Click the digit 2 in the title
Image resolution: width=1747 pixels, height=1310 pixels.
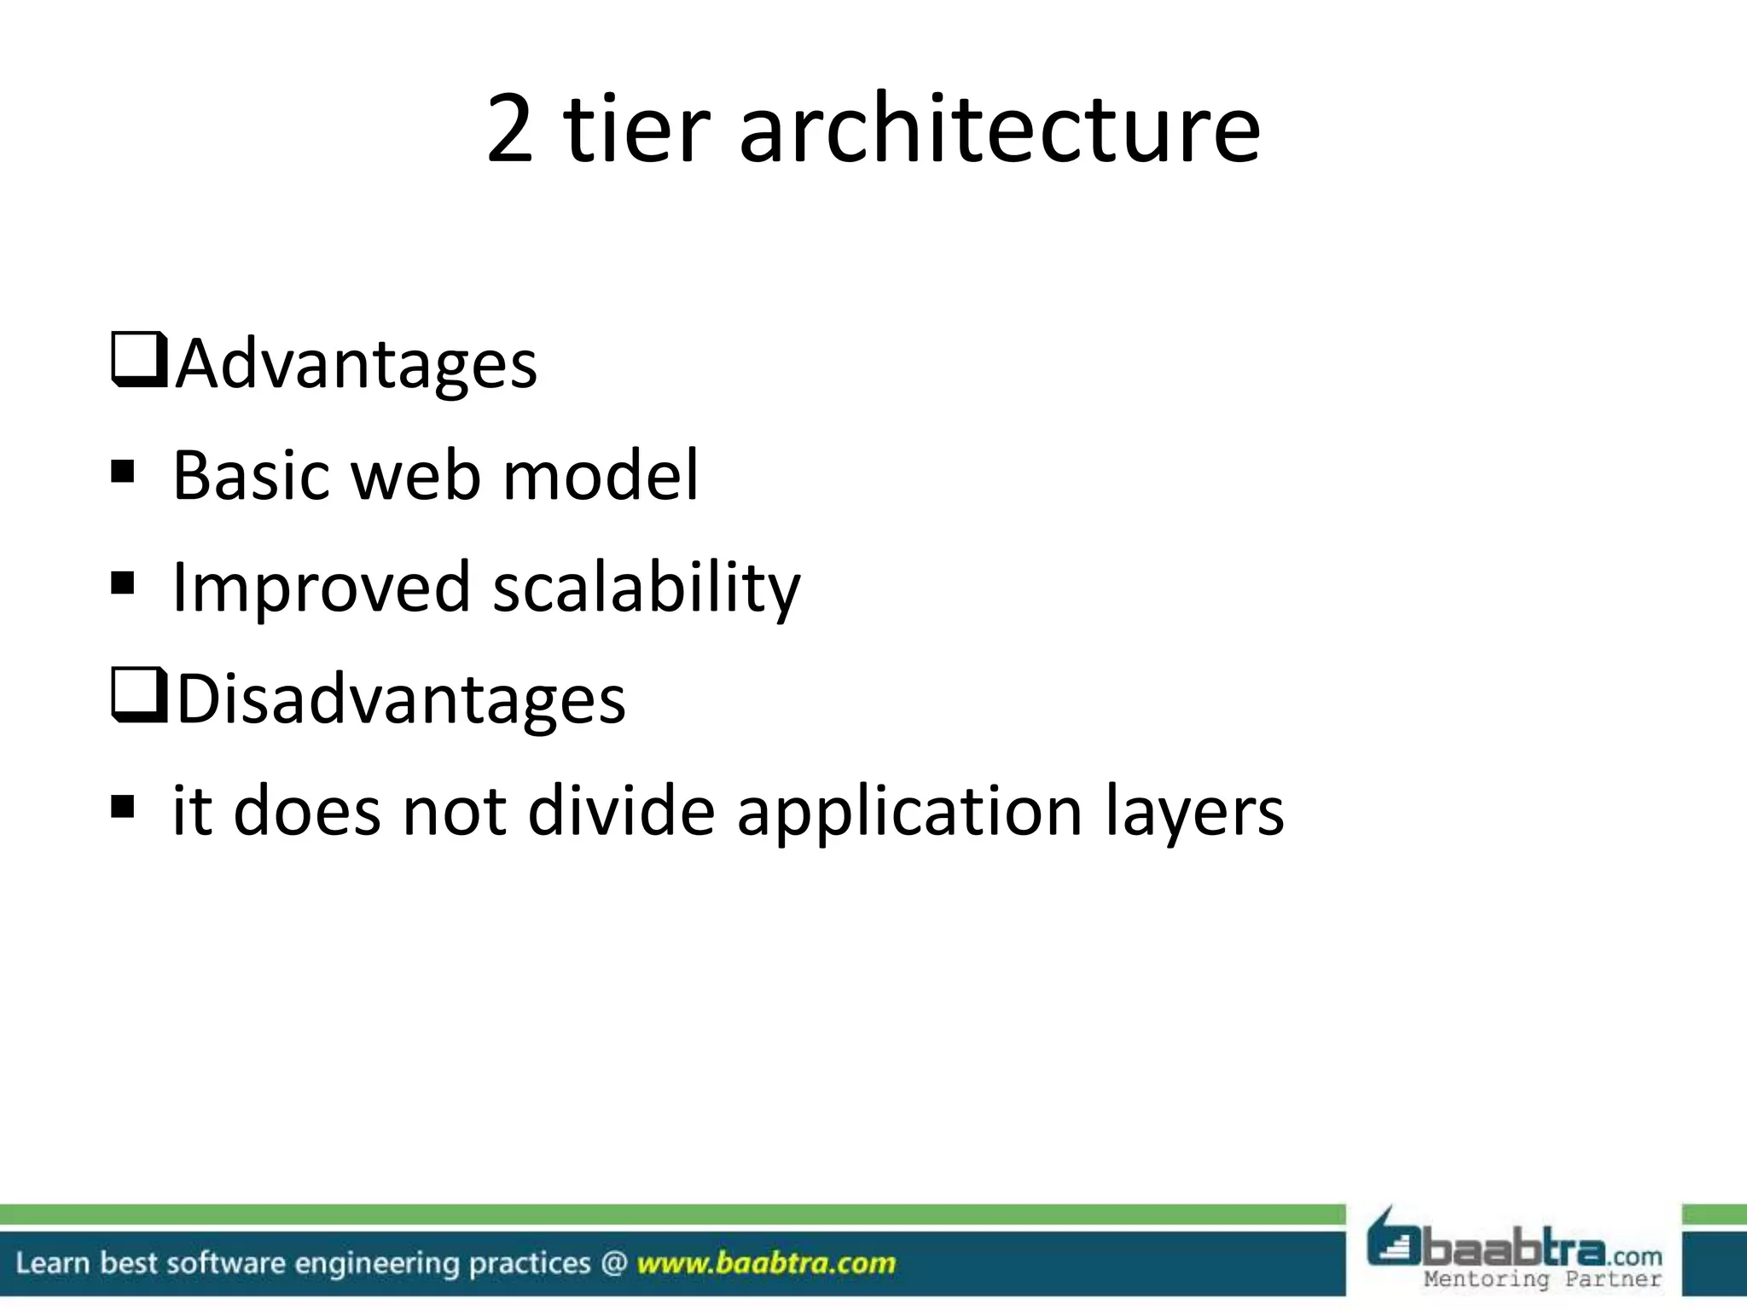point(510,130)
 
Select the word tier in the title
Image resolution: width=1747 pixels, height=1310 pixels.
point(636,130)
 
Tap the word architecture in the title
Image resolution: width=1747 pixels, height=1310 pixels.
point(999,130)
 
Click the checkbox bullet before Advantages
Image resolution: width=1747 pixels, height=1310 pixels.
point(138,362)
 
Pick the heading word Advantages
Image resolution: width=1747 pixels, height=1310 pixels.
point(357,364)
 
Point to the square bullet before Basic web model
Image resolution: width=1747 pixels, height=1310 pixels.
point(123,472)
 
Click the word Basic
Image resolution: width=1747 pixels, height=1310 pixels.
point(251,475)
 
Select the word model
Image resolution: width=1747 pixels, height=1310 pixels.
point(601,475)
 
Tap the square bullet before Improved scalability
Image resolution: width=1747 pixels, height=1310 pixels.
point(123,583)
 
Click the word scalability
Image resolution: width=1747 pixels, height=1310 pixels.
point(647,588)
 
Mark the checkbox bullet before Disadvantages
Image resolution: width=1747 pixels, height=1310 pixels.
point(138,697)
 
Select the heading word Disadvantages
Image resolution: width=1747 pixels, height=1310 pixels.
point(401,698)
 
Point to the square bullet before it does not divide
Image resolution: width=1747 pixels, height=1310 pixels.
point(123,806)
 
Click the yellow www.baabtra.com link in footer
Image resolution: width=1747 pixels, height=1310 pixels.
point(766,1263)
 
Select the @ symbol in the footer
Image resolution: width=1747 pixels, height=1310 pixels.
point(613,1263)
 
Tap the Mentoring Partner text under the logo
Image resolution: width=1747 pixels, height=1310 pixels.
point(1542,1279)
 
